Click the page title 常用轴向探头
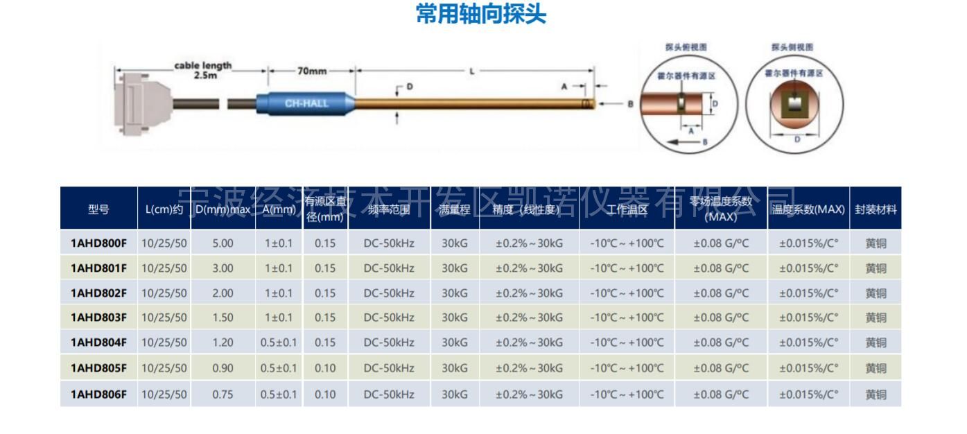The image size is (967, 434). click(480, 14)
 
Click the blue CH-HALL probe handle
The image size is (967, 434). click(306, 104)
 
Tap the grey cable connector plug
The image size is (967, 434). click(142, 103)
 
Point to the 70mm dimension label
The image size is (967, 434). click(312, 71)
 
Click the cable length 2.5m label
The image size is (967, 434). click(202, 70)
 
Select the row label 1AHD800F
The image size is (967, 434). click(98, 243)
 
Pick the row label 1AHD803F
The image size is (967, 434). click(98, 318)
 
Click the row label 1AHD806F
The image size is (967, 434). click(98, 394)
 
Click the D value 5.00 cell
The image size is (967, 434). click(223, 243)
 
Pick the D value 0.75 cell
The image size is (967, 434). click(223, 394)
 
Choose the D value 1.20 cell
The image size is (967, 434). click(223, 342)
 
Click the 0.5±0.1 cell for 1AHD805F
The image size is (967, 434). click(279, 368)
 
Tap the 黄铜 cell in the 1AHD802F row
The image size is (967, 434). click(875, 293)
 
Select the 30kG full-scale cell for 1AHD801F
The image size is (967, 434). click(455, 268)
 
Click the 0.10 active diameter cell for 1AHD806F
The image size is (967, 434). click(325, 394)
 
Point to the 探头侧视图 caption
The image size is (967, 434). click(792, 47)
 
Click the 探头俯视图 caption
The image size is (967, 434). click(686, 47)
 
